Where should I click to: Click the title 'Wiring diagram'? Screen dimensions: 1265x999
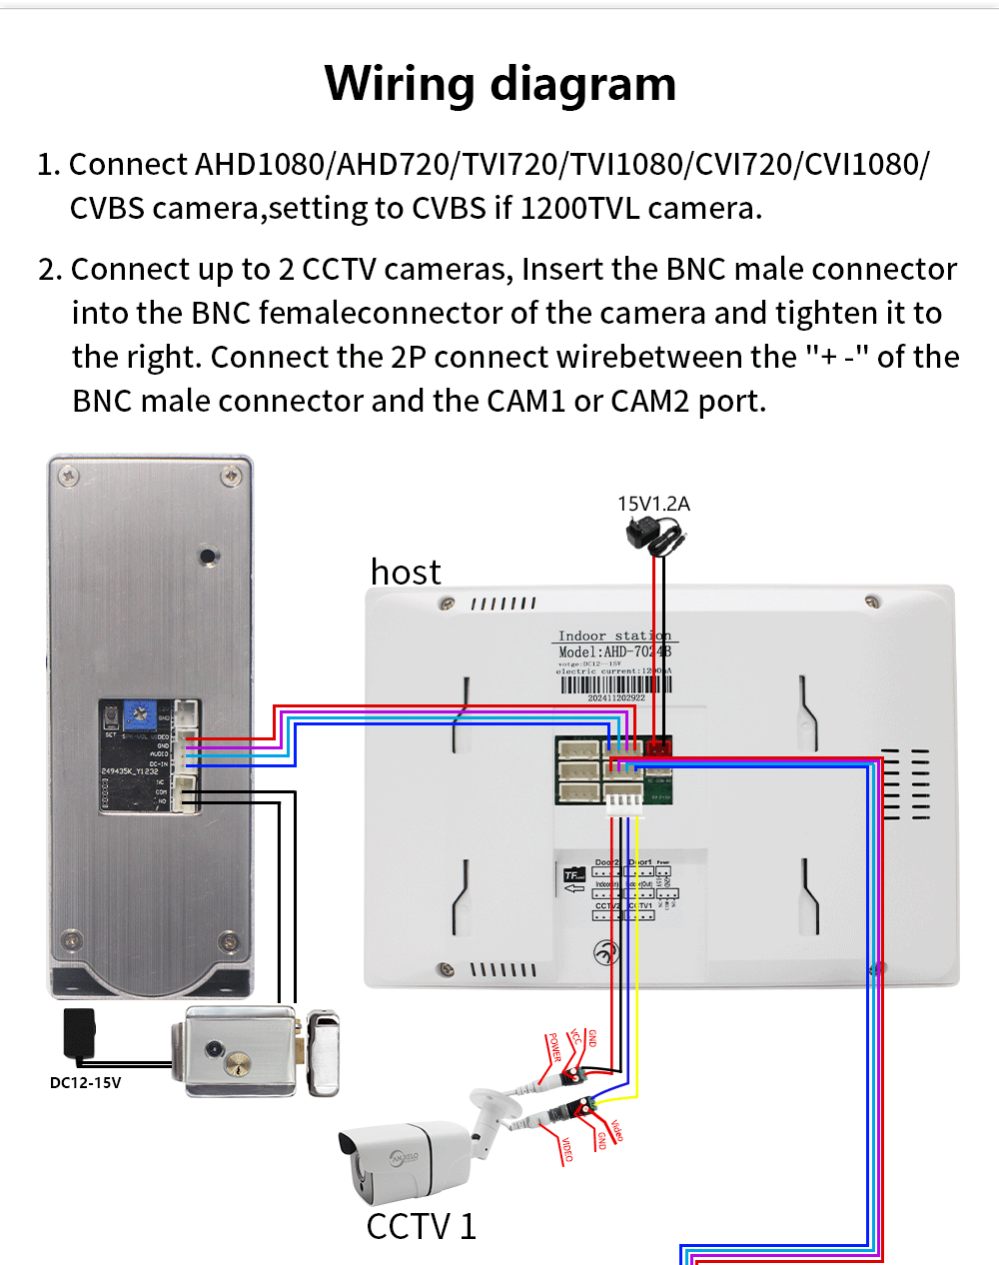tap(499, 84)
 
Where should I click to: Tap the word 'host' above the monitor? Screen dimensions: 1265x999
tap(405, 573)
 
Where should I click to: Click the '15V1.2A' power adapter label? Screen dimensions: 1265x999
tap(653, 504)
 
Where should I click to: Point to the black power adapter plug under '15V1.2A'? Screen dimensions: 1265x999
tap(655, 536)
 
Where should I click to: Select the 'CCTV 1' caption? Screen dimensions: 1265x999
tap(421, 1226)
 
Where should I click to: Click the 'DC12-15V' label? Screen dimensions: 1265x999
tap(85, 1082)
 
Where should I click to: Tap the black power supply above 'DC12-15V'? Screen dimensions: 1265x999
tap(79, 1031)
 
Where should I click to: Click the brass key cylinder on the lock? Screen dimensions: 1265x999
tap(239, 1064)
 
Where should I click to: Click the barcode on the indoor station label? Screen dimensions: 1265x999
tap(615, 684)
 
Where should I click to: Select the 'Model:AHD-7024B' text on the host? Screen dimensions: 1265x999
tap(614, 651)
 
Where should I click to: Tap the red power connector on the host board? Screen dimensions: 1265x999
tap(658, 745)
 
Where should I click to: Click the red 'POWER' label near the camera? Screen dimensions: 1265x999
tap(553, 1048)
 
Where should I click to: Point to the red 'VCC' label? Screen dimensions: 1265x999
tap(574, 1038)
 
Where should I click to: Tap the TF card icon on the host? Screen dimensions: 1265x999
tap(573, 876)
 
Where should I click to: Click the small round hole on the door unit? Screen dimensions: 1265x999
tap(207, 556)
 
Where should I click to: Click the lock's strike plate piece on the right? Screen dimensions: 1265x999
tap(323, 1053)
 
